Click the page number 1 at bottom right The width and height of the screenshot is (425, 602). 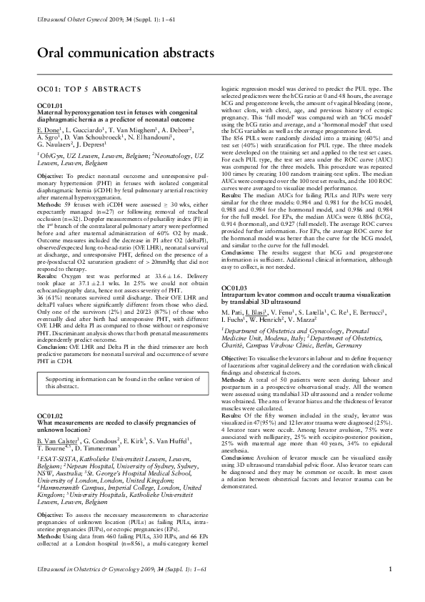(x=390, y=588)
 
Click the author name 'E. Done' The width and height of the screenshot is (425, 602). (x=48, y=132)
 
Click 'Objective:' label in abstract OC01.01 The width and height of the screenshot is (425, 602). (x=50, y=175)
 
